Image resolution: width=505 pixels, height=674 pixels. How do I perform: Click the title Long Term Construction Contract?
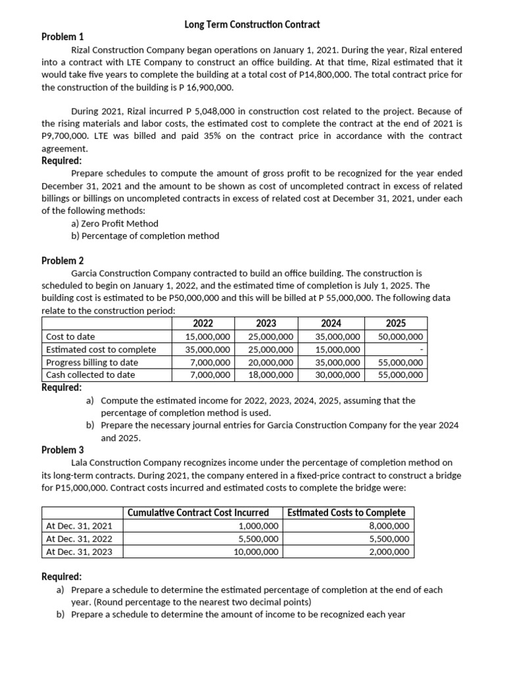click(252, 24)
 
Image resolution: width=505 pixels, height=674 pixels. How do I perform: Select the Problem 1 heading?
click(62, 37)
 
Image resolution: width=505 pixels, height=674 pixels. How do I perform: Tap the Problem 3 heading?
click(62, 450)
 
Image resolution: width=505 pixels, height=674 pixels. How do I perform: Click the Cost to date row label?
click(70, 336)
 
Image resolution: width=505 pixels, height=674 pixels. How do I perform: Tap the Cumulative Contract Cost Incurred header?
click(198, 513)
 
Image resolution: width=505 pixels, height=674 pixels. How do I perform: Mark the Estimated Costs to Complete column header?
click(346, 513)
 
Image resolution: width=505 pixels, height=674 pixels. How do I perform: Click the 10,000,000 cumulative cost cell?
click(256, 552)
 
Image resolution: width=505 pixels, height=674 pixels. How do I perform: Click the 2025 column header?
click(395, 323)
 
